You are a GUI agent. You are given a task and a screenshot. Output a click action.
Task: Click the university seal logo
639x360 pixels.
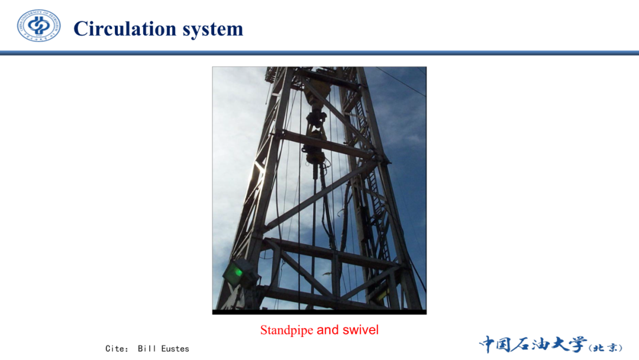(38, 25)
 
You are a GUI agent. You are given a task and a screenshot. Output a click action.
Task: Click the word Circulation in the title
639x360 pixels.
(125, 29)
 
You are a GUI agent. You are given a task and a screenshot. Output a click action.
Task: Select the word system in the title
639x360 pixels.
(213, 30)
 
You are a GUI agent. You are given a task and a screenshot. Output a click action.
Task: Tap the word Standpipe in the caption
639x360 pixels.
(286, 330)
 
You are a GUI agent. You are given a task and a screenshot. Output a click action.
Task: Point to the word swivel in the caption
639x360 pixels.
(361, 329)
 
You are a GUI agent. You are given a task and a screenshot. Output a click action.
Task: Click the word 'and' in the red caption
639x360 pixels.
(328, 329)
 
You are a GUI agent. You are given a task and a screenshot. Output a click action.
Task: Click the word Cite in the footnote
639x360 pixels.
(115, 349)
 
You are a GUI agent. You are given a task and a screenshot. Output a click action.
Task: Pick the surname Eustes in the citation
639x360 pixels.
(175, 349)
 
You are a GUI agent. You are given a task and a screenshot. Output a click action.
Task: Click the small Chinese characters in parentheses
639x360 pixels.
(606, 348)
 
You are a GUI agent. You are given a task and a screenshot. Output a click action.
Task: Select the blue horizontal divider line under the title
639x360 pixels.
(319, 53)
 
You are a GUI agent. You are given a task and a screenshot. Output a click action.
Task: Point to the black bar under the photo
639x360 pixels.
(319, 312)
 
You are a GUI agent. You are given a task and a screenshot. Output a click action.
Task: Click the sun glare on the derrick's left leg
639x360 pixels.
(257, 171)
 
